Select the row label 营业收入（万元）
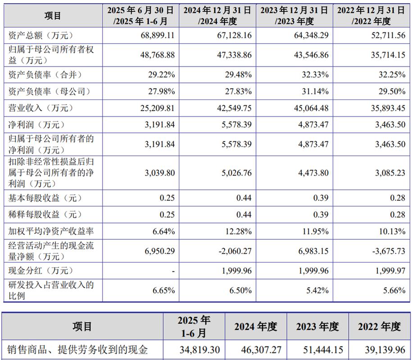(x=41, y=108)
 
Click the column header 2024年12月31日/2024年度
(x=218, y=15)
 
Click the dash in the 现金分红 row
(x=173, y=271)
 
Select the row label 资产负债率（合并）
(x=45, y=74)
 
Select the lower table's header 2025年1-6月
(x=194, y=327)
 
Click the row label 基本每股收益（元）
(x=45, y=198)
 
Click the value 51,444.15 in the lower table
(x=317, y=349)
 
